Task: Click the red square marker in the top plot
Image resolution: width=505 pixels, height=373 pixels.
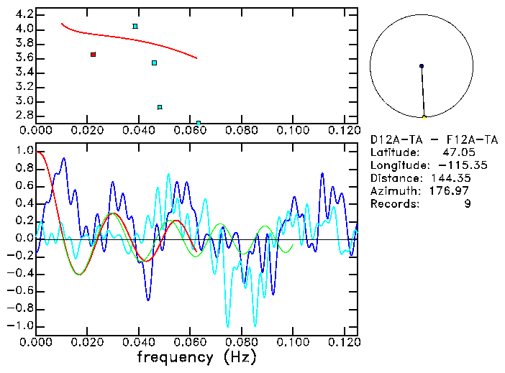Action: pyautogui.click(x=93, y=55)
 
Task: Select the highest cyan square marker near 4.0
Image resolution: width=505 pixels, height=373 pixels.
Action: pyautogui.click(x=135, y=27)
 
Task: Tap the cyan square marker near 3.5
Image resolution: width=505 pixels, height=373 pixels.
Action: pyautogui.click(x=154, y=63)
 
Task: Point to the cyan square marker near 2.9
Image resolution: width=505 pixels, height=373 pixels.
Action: pyautogui.click(x=160, y=107)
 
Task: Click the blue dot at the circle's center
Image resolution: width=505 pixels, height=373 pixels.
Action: pyautogui.click(x=422, y=66)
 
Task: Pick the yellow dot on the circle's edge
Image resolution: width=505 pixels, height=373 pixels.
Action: pyautogui.click(x=424, y=117)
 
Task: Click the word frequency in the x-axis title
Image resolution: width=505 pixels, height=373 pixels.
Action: pyautogui.click(x=175, y=357)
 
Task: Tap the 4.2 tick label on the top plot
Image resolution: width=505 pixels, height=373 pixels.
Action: pyautogui.click(x=24, y=14)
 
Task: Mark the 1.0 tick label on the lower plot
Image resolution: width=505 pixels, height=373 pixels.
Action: pyautogui.click(x=24, y=152)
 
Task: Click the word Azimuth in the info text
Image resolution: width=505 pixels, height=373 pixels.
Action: pyautogui.click(x=393, y=191)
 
